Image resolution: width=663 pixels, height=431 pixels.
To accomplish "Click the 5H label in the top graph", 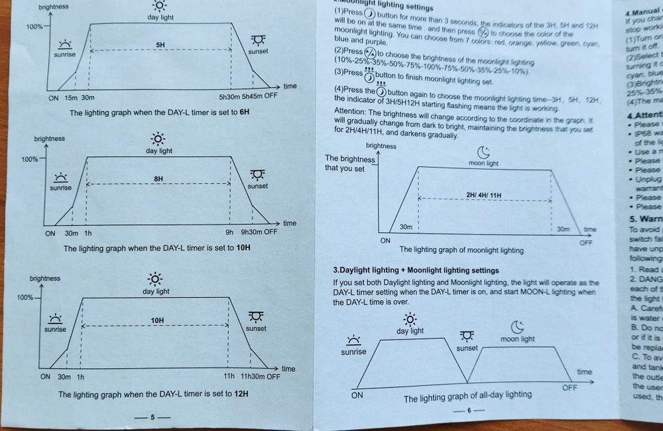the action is (x=160, y=44).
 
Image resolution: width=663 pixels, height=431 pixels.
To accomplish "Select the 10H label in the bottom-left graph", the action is (x=156, y=320).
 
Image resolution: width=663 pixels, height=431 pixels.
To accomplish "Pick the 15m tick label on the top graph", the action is (x=70, y=96).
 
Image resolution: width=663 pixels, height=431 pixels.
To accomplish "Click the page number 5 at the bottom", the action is (x=152, y=418).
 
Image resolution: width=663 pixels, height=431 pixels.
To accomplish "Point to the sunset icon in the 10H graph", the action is (x=257, y=174).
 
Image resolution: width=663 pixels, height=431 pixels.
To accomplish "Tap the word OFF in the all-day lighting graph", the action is (x=570, y=387).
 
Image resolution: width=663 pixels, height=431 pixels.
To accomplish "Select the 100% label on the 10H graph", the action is (x=30, y=160).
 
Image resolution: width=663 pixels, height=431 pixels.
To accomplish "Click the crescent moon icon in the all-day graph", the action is (x=518, y=326).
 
